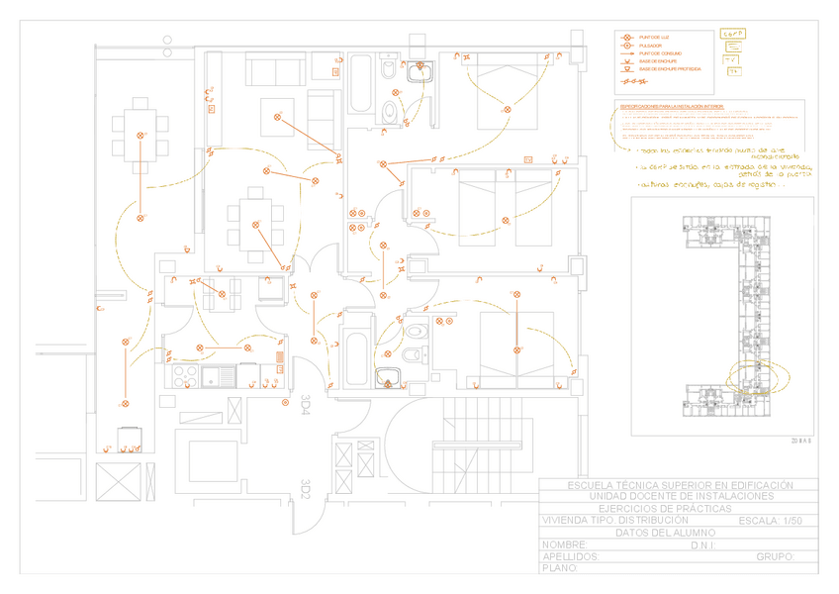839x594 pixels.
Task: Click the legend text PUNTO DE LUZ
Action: pyautogui.click(x=655, y=37)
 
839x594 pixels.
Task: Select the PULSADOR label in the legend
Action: pyautogui.click(x=651, y=46)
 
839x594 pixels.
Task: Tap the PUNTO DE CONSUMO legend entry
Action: pyautogui.click(x=661, y=53)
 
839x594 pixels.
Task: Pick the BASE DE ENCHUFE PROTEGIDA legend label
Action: pyautogui.click(x=671, y=69)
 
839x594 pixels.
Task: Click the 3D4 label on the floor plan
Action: pyautogui.click(x=306, y=403)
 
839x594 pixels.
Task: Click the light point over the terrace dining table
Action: pyautogui.click(x=140, y=136)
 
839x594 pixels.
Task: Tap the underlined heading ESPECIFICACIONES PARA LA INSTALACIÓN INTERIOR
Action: pyautogui.click(x=672, y=105)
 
